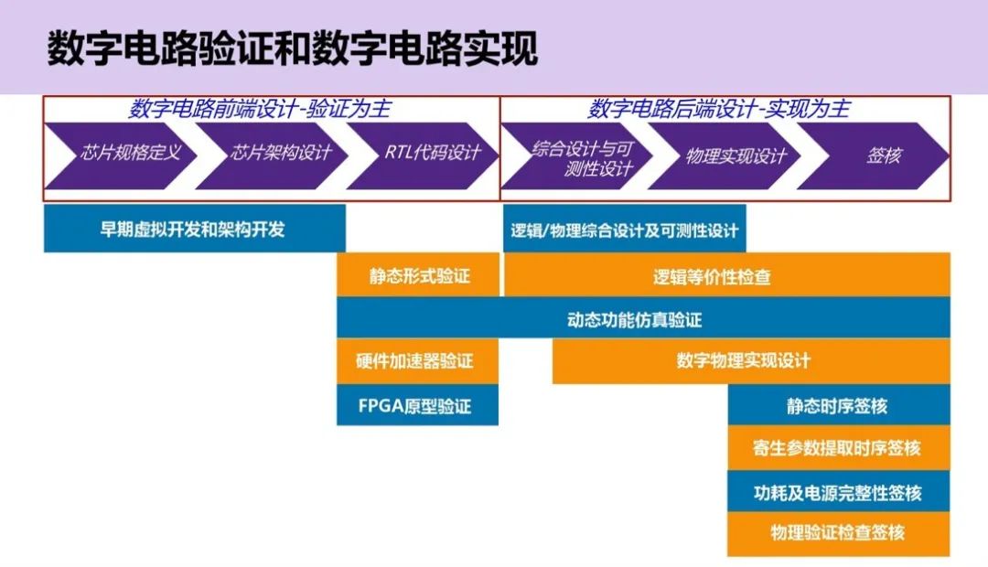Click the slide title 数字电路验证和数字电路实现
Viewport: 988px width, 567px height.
tap(292, 49)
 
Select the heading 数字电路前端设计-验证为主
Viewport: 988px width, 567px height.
tap(260, 110)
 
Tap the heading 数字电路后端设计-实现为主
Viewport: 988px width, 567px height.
tap(718, 110)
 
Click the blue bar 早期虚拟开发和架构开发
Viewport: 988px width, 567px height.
tap(194, 229)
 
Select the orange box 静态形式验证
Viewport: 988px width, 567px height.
tap(419, 275)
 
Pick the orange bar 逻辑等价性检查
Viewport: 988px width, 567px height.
tap(726, 275)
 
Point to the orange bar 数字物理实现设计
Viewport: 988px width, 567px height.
tap(743, 361)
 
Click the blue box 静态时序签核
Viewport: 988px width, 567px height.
tap(837, 405)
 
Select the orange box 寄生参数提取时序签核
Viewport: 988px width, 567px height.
tap(837, 448)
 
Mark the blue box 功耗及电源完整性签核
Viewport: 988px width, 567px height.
tap(837, 492)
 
